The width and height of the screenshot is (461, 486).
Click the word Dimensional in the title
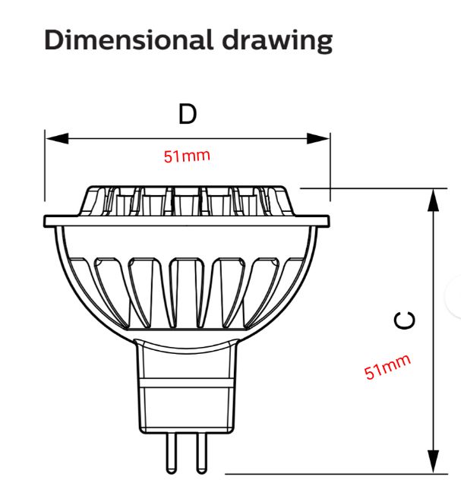pos(128,39)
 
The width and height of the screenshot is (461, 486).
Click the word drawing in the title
pos(277,42)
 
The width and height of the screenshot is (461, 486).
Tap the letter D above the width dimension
pos(188,114)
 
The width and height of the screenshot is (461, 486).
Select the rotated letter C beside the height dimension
pos(405,320)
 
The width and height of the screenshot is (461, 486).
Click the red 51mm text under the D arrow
pos(187,156)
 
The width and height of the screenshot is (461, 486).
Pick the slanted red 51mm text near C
pos(387,367)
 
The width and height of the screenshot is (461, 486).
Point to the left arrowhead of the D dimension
pos(57,138)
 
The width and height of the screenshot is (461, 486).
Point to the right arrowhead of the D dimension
pos(318,138)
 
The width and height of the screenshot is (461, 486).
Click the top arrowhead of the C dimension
pos(433,200)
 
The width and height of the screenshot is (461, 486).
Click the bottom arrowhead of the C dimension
pos(433,462)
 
